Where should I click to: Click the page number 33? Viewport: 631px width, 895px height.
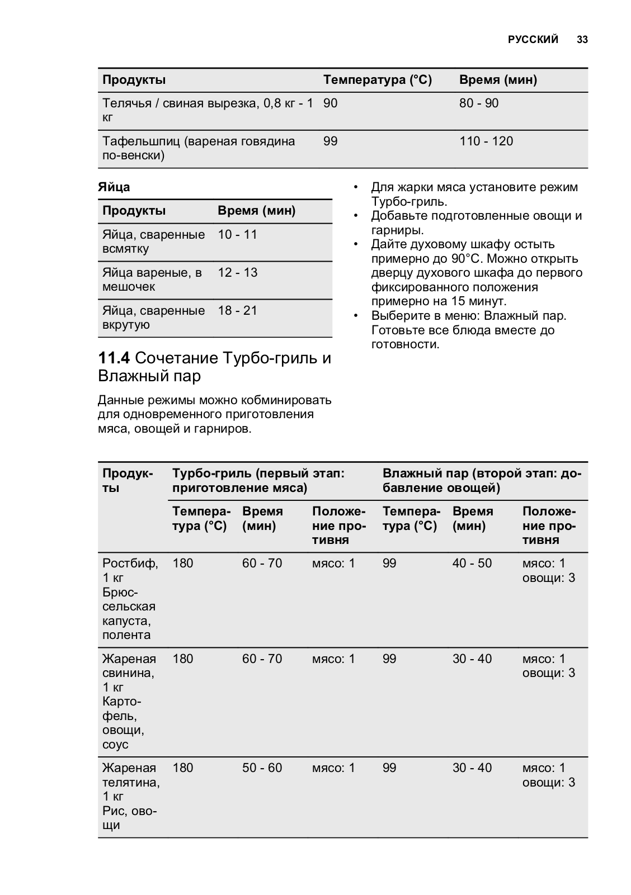582,40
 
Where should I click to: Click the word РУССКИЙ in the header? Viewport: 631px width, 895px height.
533,40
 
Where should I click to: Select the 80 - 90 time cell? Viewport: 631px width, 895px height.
479,103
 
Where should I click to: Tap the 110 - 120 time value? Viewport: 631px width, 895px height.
486,141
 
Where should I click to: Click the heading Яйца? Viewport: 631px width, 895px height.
114,187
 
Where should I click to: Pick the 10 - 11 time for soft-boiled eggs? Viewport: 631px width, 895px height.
238,235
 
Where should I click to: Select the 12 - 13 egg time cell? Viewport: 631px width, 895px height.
238,273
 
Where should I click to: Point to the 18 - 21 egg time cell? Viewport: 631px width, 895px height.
238,311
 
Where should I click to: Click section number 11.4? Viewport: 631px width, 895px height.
114,358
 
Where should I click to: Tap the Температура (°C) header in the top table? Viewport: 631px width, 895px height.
378,80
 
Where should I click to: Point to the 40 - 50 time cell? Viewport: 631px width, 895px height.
472,563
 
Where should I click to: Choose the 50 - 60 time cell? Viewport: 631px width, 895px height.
262,768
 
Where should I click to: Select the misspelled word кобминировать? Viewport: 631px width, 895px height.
286,400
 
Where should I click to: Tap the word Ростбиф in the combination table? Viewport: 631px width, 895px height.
130,563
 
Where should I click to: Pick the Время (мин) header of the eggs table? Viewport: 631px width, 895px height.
256,211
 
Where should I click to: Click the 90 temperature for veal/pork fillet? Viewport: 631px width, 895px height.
331,103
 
